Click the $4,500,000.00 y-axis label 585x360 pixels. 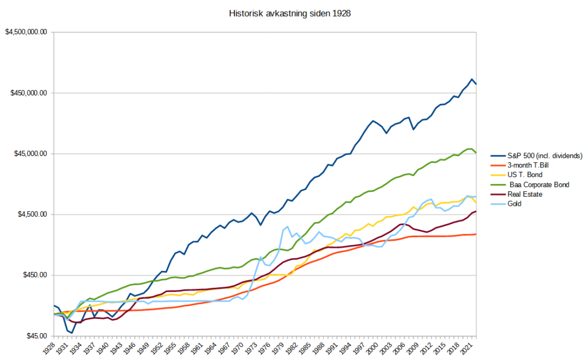[x=25, y=33]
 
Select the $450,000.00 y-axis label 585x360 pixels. [x=27, y=93]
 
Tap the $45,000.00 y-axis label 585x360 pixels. [x=29, y=154]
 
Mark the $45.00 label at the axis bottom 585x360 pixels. [x=35, y=336]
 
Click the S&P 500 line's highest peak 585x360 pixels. [x=472, y=79]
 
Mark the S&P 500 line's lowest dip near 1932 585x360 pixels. [x=72, y=333]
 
